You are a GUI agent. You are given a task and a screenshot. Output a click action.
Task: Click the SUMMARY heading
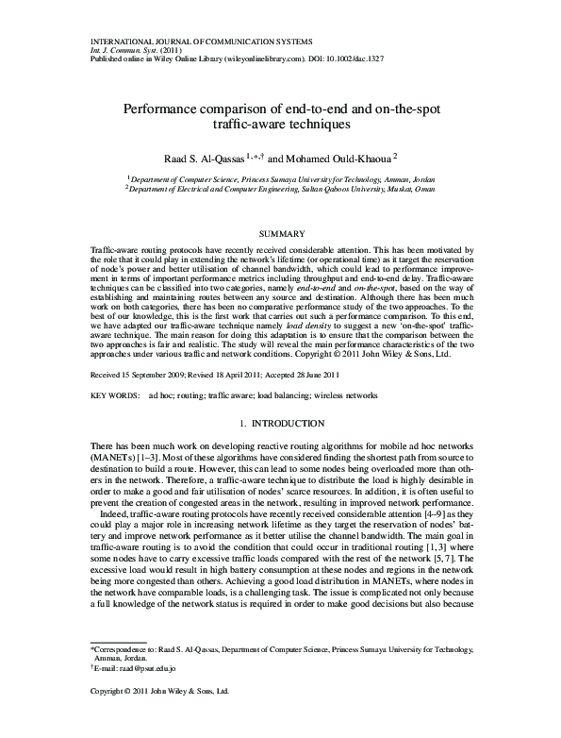coord(280,232)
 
